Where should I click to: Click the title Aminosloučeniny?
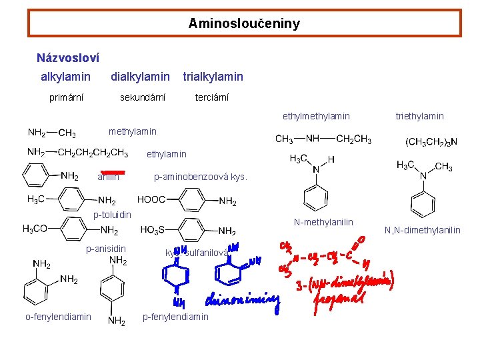(244, 23)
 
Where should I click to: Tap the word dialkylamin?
(140, 77)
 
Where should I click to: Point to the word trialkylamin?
(213, 77)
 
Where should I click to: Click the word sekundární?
(143, 98)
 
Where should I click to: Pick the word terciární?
(211, 98)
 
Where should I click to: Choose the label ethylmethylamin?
(316, 117)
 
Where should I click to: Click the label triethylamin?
(419, 117)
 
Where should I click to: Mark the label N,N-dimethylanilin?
(422, 231)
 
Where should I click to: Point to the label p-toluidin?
(112, 215)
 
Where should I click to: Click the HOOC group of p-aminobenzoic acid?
(152, 199)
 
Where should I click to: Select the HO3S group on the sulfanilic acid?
(153, 230)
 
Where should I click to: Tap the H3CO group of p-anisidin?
(35, 229)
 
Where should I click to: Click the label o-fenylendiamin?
(58, 317)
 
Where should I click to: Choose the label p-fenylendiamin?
(175, 317)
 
